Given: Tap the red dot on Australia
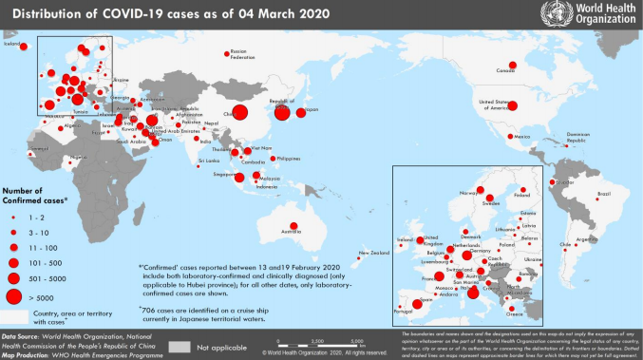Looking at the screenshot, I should click(294, 225).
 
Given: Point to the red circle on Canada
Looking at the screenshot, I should click(512, 65).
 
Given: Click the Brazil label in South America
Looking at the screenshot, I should click(603, 194).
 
